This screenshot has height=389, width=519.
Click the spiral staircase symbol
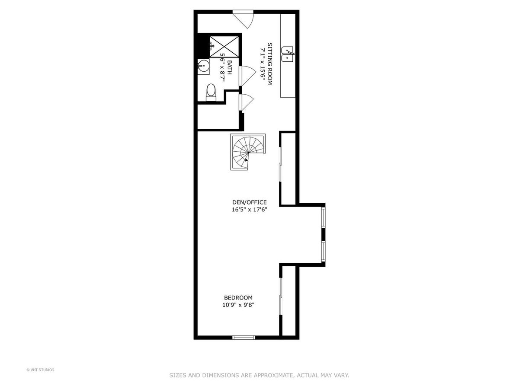tap(248, 152)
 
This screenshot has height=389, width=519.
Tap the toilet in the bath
tap(211, 92)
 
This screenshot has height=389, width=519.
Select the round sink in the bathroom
tap(203, 67)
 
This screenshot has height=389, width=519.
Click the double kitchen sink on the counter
tap(288, 54)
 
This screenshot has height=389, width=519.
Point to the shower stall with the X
tap(224, 47)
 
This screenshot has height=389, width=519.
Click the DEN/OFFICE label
tap(250, 202)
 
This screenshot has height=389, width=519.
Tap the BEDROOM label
tap(238, 298)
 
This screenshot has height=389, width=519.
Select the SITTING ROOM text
tap(269, 64)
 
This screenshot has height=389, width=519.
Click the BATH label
tap(229, 67)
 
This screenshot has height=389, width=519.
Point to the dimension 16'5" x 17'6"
tap(250, 210)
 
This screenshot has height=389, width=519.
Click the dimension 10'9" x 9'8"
tap(238, 305)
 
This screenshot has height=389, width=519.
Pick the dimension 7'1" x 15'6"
tap(263, 64)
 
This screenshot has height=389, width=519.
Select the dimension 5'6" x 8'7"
tap(222, 67)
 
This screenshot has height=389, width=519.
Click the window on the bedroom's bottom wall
tap(244, 338)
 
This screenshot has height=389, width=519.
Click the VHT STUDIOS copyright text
tap(40, 370)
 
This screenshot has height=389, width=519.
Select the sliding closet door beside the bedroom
tap(281, 297)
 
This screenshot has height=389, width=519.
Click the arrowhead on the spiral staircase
tap(247, 160)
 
